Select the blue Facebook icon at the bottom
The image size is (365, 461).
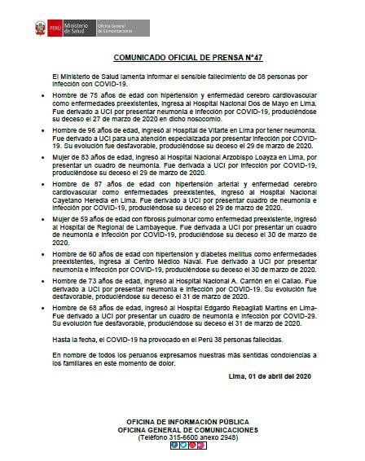(x=172, y=445)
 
